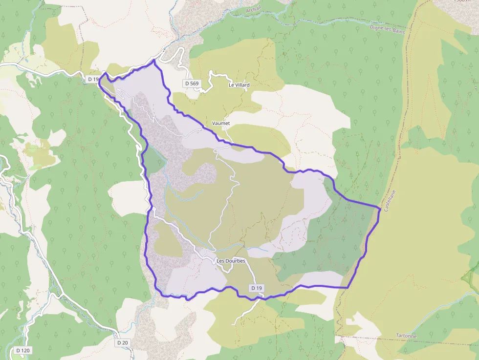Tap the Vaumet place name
[x=221, y=124]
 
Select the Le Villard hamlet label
[x=239, y=85]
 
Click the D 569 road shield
[x=192, y=84]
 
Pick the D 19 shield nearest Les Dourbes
[x=257, y=288]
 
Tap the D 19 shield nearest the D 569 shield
[x=93, y=79]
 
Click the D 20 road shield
[x=122, y=343]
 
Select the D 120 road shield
[x=22, y=350]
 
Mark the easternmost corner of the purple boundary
[x=380, y=209]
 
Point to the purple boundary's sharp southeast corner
[x=347, y=288]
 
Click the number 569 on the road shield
[x=195, y=84]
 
